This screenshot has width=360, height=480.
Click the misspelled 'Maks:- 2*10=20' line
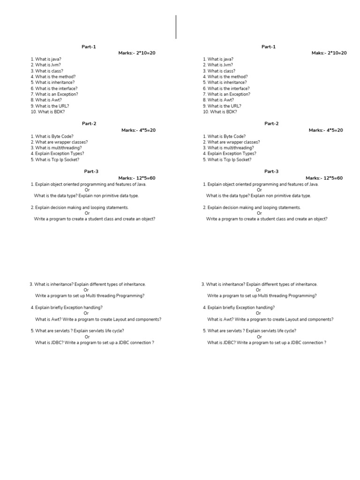(329, 53)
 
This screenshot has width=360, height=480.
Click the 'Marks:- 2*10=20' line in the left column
(136, 53)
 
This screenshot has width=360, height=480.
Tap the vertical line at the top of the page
(176, 27)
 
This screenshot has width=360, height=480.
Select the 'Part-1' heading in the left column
(89, 47)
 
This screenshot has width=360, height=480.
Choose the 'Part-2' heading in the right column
(271, 124)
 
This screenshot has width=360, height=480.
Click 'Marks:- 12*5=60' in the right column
(324, 178)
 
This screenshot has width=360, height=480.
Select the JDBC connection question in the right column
(267, 343)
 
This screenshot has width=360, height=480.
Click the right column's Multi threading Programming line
(262, 296)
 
